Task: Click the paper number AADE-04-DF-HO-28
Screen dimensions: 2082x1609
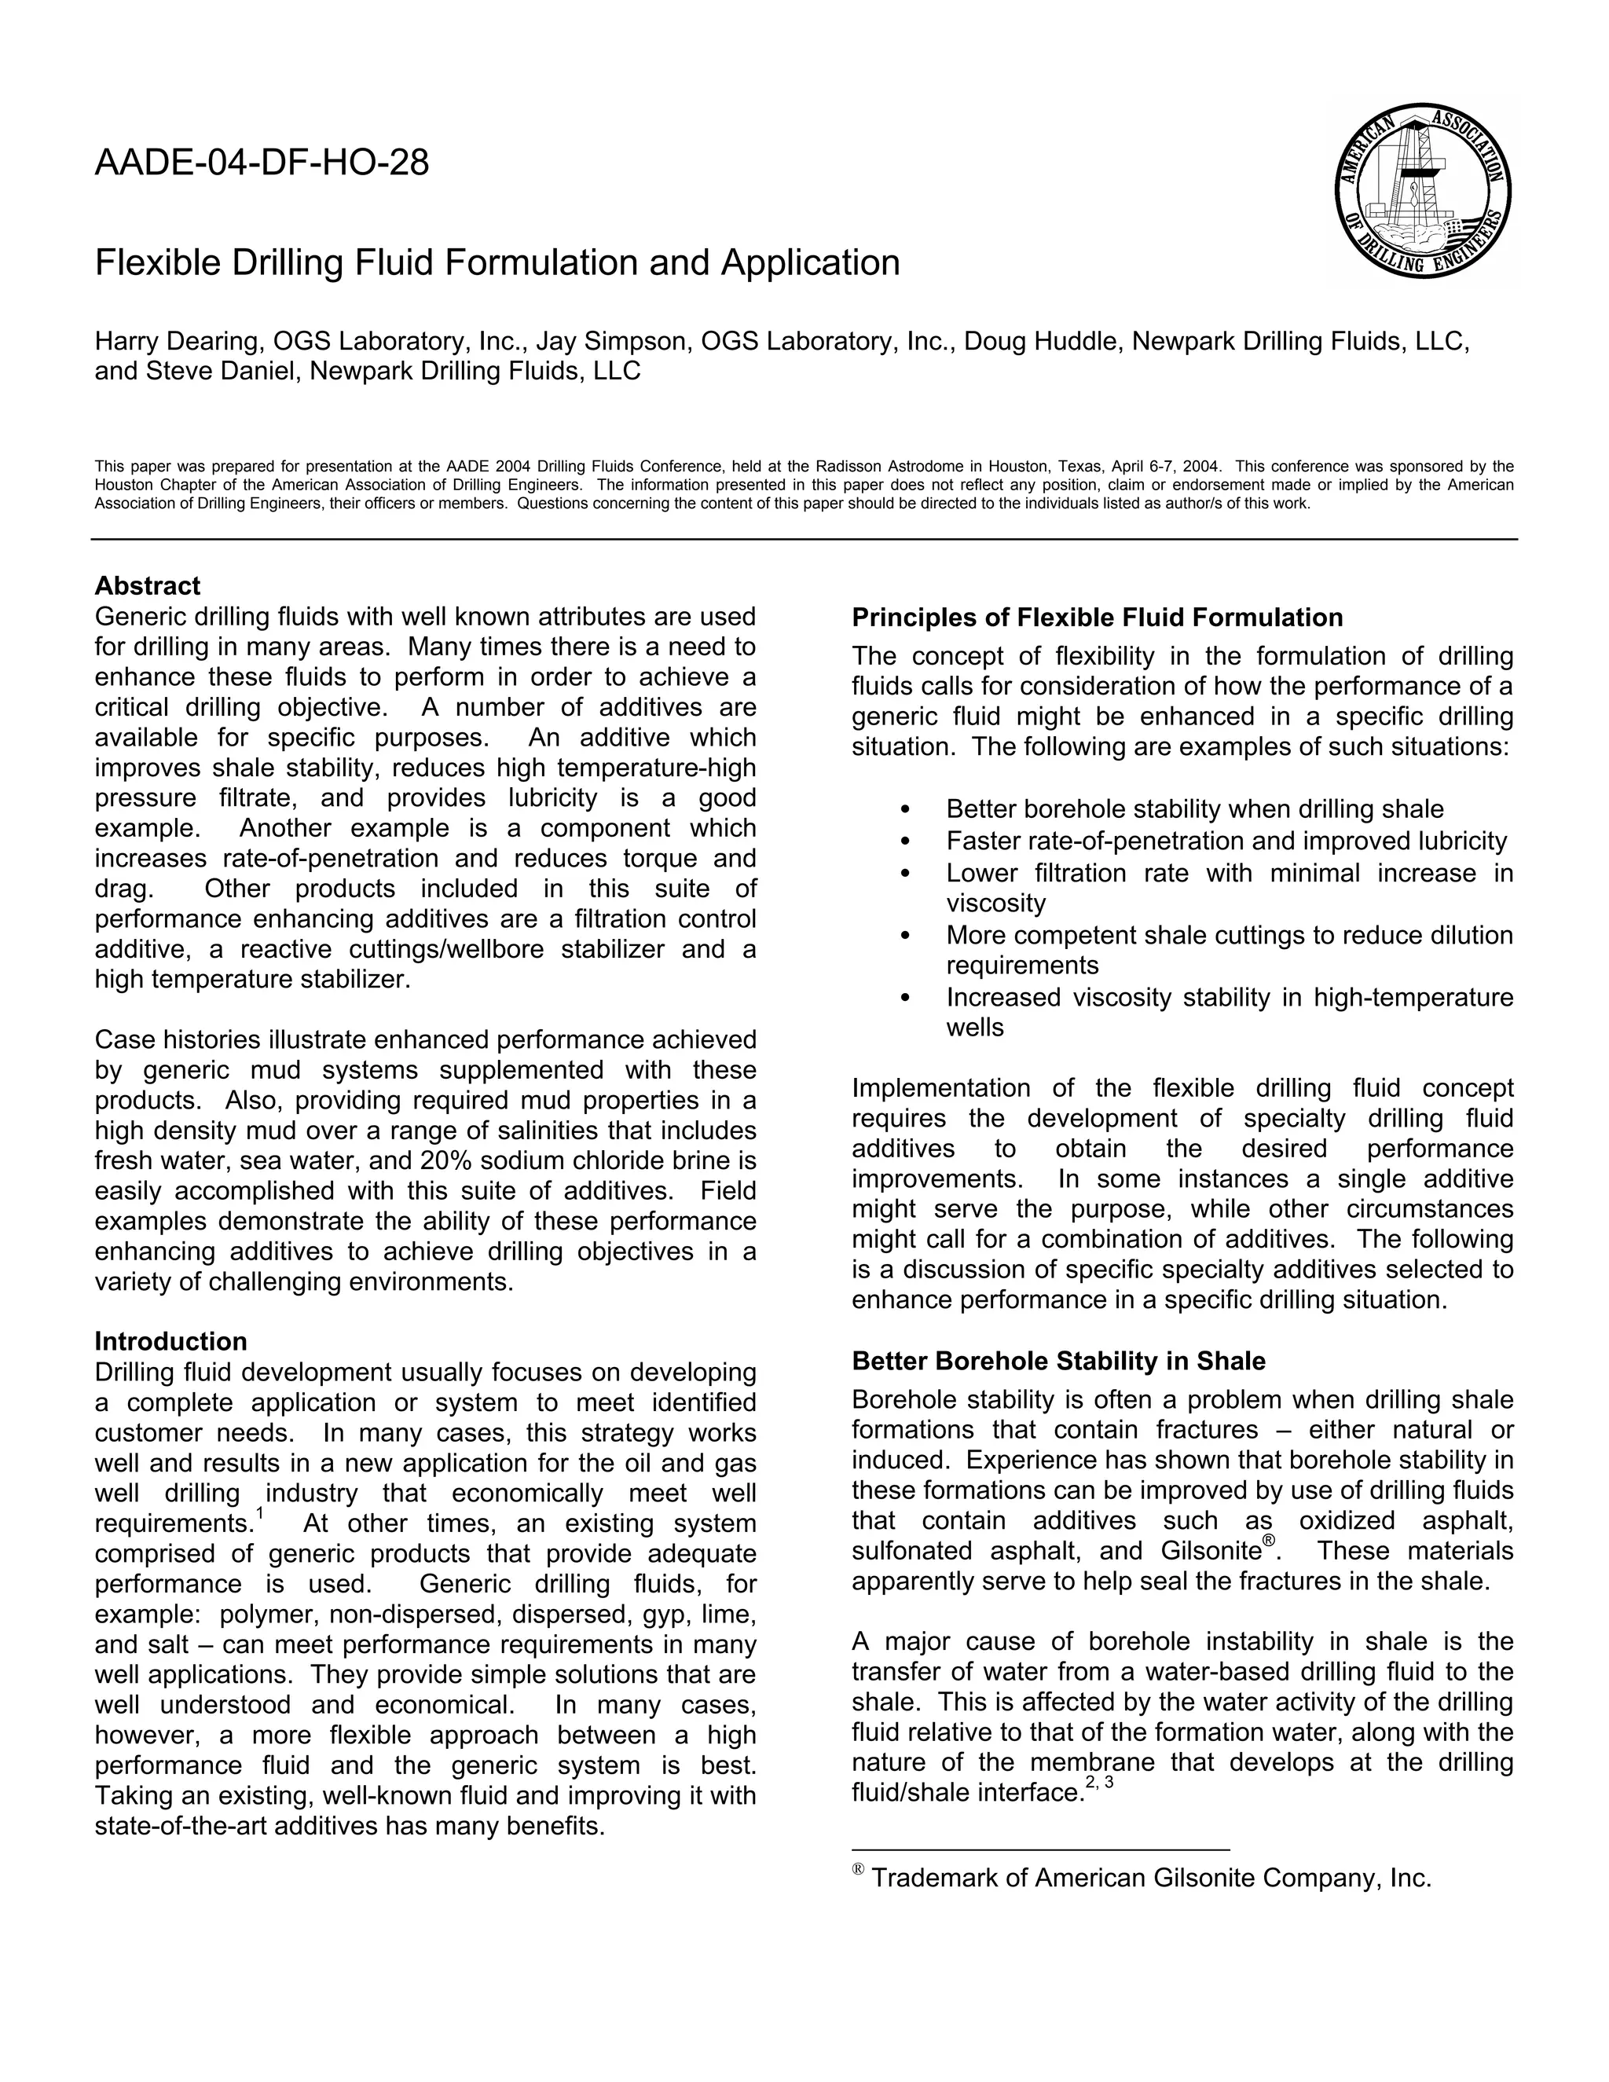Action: tap(261, 164)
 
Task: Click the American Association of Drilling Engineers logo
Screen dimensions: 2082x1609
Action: tap(1422, 191)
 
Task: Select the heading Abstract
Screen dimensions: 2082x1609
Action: tap(147, 585)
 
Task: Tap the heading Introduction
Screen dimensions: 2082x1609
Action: tap(170, 1341)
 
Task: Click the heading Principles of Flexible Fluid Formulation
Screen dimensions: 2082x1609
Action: tap(1096, 618)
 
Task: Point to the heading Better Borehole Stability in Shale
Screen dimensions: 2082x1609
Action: tap(1058, 1362)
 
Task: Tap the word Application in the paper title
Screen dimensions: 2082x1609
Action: tap(809, 262)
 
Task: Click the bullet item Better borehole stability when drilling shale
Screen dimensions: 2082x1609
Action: tap(1194, 809)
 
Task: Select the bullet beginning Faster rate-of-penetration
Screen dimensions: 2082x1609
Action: tap(1226, 841)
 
